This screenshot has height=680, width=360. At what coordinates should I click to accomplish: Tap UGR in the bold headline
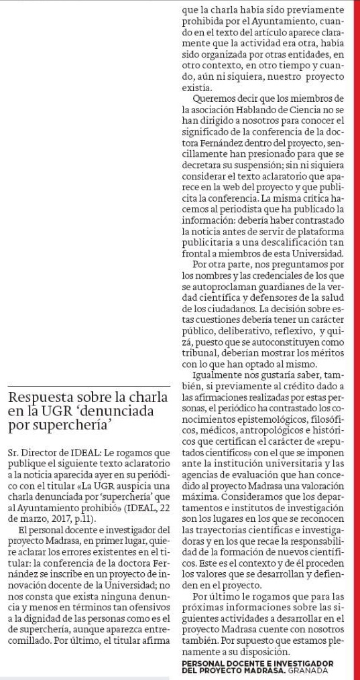pyautogui.click(x=50, y=411)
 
